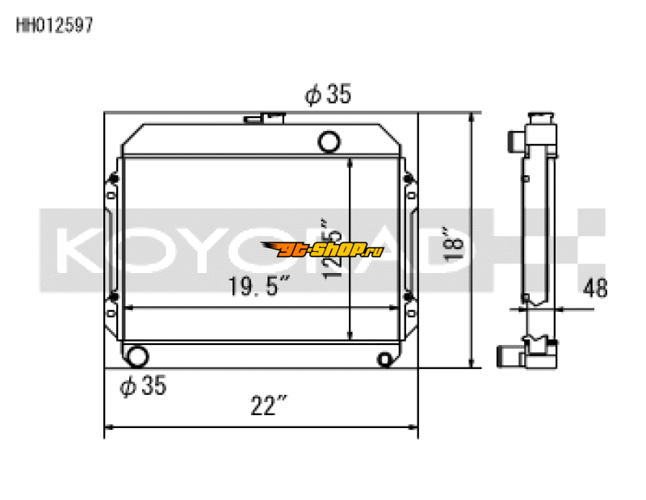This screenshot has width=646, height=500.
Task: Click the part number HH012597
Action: coord(56,24)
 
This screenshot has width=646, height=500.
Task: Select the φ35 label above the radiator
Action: coord(327,95)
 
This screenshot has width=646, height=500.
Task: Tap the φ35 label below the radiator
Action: coord(142,387)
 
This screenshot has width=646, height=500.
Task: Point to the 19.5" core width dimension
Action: coord(258,286)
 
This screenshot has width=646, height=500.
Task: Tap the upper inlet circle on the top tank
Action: coord(329,142)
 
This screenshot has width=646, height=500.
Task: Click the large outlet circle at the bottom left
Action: coord(138,355)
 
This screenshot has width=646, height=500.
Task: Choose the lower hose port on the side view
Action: coord(509,355)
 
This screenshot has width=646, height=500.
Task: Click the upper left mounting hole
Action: coord(112,178)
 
